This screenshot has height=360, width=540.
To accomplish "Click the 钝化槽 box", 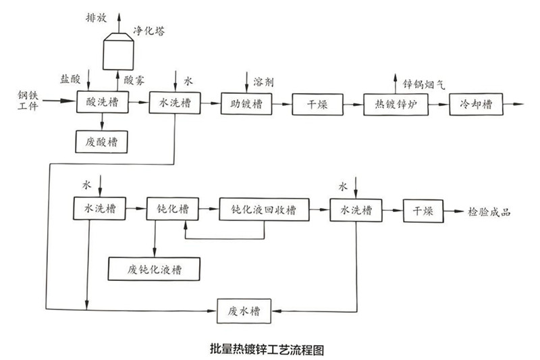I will point(173,210).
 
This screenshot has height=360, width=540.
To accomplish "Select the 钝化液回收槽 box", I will point(264,210).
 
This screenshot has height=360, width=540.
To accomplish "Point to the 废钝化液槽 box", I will point(155,268).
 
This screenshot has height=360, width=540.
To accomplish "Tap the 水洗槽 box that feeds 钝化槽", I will point(101,210).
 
